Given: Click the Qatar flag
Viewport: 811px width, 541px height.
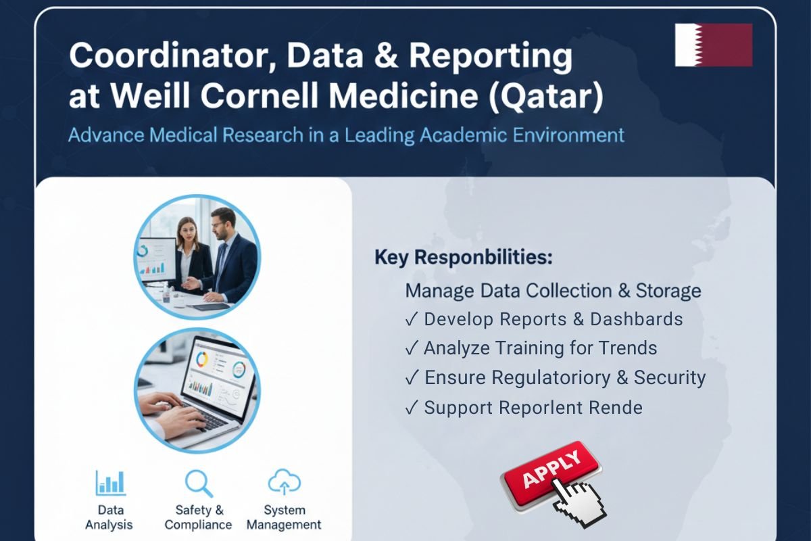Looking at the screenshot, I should tap(713, 45).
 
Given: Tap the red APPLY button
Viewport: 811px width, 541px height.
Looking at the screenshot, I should tap(551, 471).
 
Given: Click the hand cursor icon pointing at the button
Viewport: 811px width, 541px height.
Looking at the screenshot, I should tap(581, 499).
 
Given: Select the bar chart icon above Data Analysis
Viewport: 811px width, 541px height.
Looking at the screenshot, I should tap(110, 483).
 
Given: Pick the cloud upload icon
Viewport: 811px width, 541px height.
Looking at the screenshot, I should tap(284, 483).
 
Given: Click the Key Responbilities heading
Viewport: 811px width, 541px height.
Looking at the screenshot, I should tap(464, 258).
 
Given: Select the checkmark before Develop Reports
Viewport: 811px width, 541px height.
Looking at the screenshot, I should tap(412, 319).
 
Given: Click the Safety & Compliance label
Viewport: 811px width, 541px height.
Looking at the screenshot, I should tap(199, 517).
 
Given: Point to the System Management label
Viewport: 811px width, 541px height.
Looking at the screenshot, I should tap(284, 517).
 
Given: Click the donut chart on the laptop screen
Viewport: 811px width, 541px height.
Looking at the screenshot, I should tap(201, 360).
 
